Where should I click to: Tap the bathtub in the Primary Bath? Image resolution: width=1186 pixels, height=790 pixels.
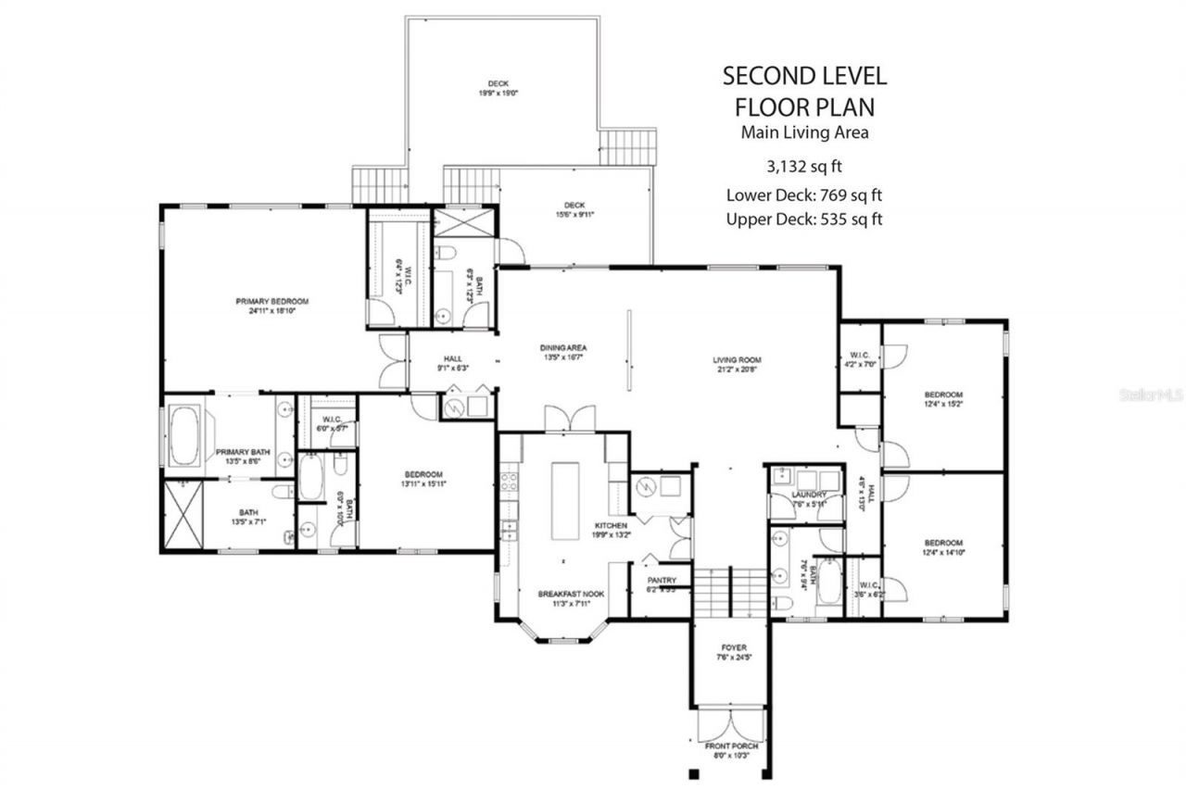pyautogui.click(x=184, y=434)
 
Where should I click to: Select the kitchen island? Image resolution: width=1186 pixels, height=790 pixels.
pyautogui.click(x=565, y=500)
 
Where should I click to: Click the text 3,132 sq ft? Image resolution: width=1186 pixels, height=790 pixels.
pyautogui.click(x=803, y=167)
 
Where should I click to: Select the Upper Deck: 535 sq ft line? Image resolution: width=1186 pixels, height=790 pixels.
pyautogui.click(x=803, y=219)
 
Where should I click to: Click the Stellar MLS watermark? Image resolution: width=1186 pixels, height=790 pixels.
pyautogui.click(x=1151, y=395)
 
